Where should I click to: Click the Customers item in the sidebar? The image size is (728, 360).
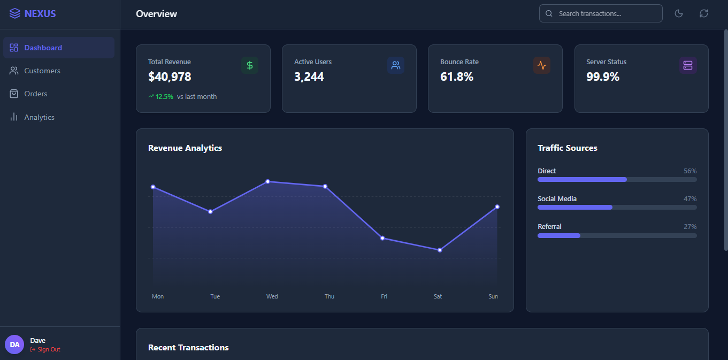pos(42,71)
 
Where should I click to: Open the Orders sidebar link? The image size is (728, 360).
pos(36,94)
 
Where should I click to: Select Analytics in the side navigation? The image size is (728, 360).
pos(39,117)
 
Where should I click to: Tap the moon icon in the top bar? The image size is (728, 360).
pos(679,13)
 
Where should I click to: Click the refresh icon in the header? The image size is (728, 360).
pos(704,13)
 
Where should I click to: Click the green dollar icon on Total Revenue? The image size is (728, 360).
pos(250,65)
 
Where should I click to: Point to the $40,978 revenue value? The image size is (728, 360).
pos(170,76)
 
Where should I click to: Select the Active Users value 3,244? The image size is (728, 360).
pos(309,76)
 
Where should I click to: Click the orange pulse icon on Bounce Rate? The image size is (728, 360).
pos(542,65)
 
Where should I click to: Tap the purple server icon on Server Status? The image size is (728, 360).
pos(688,65)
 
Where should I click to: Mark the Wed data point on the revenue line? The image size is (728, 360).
pos(268,181)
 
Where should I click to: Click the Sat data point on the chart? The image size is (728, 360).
pos(440,250)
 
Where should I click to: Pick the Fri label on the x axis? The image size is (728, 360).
pos(384,296)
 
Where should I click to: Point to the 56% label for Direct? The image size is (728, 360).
pos(690,171)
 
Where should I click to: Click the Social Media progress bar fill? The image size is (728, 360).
pos(575,207)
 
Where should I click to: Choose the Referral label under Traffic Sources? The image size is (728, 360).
pos(549,227)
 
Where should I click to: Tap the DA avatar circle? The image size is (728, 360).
pos(14,344)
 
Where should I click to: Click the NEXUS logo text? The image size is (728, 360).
pos(40,14)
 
